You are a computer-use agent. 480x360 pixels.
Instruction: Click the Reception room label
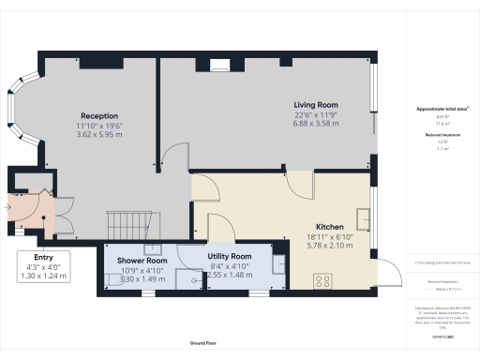(x=98, y=116)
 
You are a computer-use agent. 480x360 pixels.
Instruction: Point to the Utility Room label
(x=229, y=256)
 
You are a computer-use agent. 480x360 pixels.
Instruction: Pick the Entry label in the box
(x=44, y=257)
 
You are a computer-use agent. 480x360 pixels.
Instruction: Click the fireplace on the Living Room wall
(x=220, y=65)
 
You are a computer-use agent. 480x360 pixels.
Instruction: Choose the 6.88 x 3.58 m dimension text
(x=316, y=123)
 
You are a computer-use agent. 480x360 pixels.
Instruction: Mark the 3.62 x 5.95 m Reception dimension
(x=98, y=134)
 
